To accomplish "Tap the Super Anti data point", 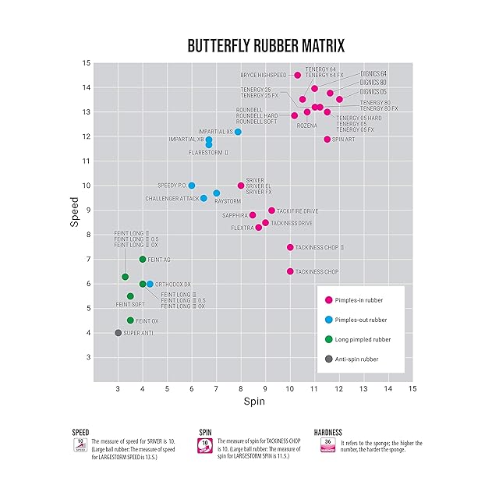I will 118,333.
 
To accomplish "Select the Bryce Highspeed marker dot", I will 297,75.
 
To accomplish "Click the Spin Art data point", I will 327,140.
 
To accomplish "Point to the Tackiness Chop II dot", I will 290,247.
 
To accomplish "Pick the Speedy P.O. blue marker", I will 192,186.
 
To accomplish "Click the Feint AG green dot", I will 143,260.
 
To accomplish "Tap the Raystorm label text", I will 226,200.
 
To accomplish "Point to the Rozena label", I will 306,126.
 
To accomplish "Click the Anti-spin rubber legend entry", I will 358,359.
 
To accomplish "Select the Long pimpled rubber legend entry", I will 364,339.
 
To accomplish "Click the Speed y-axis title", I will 75,211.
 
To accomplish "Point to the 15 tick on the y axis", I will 87,63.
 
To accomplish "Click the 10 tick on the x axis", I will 290,388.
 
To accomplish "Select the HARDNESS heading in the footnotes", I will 328,431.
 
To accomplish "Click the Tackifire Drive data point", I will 271,211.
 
